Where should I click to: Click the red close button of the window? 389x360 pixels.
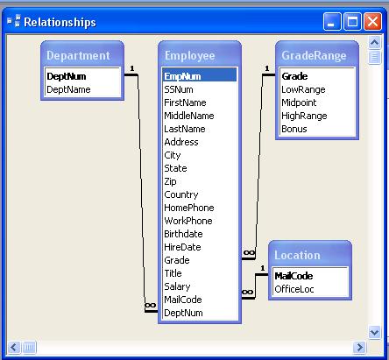click(x=372, y=21)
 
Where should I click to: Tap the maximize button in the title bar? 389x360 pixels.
click(x=352, y=21)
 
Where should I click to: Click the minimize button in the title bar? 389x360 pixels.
click(x=332, y=21)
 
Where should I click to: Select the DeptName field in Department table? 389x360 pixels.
click(x=68, y=89)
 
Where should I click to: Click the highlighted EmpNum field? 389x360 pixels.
click(x=182, y=76)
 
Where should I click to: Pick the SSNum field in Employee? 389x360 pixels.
click(x=179, y=89)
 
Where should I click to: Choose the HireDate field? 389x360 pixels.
click(x=182, y=247)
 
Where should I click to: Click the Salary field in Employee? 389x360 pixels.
click(x=177, y=286)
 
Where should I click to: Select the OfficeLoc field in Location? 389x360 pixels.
click(x=294, y=289)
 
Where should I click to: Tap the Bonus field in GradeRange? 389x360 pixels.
click(x=294, y=129)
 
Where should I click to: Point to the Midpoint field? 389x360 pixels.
click(x=299, y=102)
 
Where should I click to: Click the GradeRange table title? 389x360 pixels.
click(x=314, y=55)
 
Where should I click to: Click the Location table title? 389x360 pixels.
click(x=297, y=255)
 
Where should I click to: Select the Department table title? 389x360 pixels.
click(x=78, y=55)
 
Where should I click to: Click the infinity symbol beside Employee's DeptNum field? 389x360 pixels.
click(x=151, y=306)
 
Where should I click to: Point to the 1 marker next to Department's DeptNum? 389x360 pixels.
click(x=132, y=68)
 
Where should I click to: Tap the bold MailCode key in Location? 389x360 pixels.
click(x=294, y=276)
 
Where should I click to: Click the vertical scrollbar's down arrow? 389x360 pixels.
click(x=374, y=332)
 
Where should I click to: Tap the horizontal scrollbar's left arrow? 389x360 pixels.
click(x=13, y=348)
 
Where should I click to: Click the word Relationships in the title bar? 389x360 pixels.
click(x=60, y=23)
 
